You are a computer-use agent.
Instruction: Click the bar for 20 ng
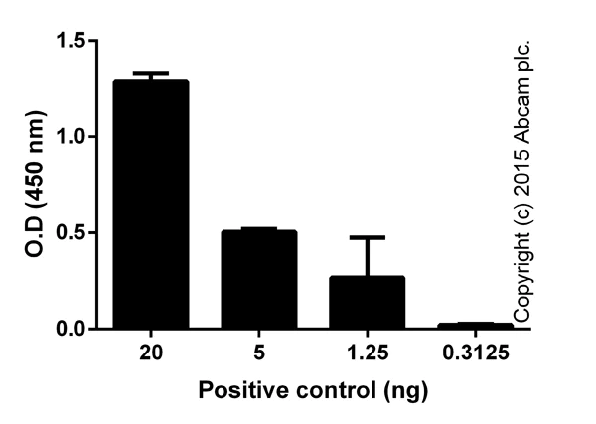click(x=150, y=204)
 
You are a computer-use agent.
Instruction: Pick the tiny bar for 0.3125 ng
click(x=475, y=325)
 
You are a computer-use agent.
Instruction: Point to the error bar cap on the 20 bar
click(x=150, y=73)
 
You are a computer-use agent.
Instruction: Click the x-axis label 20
click(x=150, y=353)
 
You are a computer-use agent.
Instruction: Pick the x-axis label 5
click(x=258, y=353)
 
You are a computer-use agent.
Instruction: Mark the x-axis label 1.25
click(x=367, y=353)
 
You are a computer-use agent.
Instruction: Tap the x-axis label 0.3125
click(x=475, y=353)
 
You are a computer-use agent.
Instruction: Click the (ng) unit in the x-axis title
click(x=407, y=390)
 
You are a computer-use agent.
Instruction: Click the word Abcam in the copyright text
click(x=525, y=107)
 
